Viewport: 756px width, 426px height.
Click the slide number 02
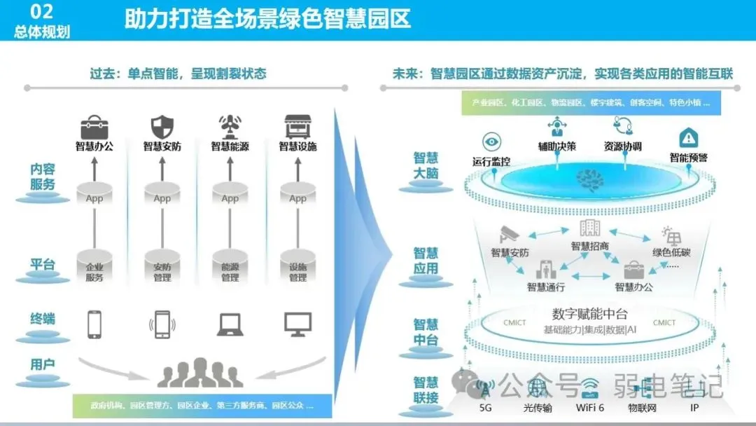[42, 11]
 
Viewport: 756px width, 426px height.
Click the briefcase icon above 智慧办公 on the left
[94, 127]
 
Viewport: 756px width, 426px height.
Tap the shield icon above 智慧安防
[162, 127]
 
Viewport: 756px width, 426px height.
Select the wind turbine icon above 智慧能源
[230, 127]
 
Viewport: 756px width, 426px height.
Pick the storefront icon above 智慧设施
[297, 127]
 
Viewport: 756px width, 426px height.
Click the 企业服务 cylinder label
[94, 272]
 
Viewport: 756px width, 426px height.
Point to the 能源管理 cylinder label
[230, 272]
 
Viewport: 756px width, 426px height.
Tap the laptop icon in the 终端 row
[230, 324]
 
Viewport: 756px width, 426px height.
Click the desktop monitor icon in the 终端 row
[297, 324]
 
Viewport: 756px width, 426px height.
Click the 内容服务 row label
[43, 177]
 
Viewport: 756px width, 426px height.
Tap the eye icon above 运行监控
[491, 142]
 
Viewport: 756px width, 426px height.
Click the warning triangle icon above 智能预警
[689, 137]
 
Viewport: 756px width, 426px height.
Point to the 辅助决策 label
[557, 146]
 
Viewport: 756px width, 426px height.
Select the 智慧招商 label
[590, 246]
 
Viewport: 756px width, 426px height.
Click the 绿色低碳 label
[671, 252]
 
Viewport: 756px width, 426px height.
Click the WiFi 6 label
[590, 407]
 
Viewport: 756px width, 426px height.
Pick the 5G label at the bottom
[486, 407]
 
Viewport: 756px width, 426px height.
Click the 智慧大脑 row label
[426, 165]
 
